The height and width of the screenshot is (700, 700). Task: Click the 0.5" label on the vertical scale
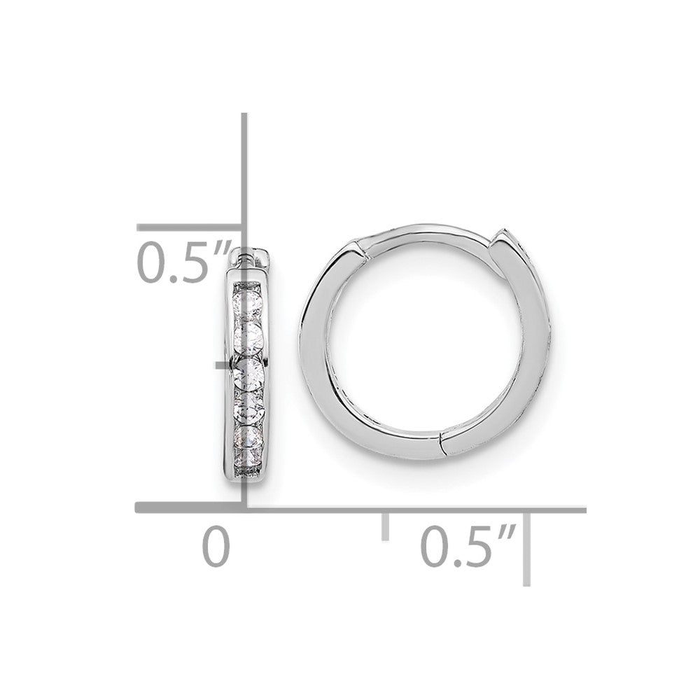click(183, 261)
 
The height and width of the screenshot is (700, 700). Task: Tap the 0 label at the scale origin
click(216, 547)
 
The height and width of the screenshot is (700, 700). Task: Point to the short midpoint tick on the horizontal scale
click(384, 525)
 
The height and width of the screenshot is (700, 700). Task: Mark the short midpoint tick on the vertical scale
click(224, 365)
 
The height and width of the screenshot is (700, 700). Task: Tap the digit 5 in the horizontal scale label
click(476, 547)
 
